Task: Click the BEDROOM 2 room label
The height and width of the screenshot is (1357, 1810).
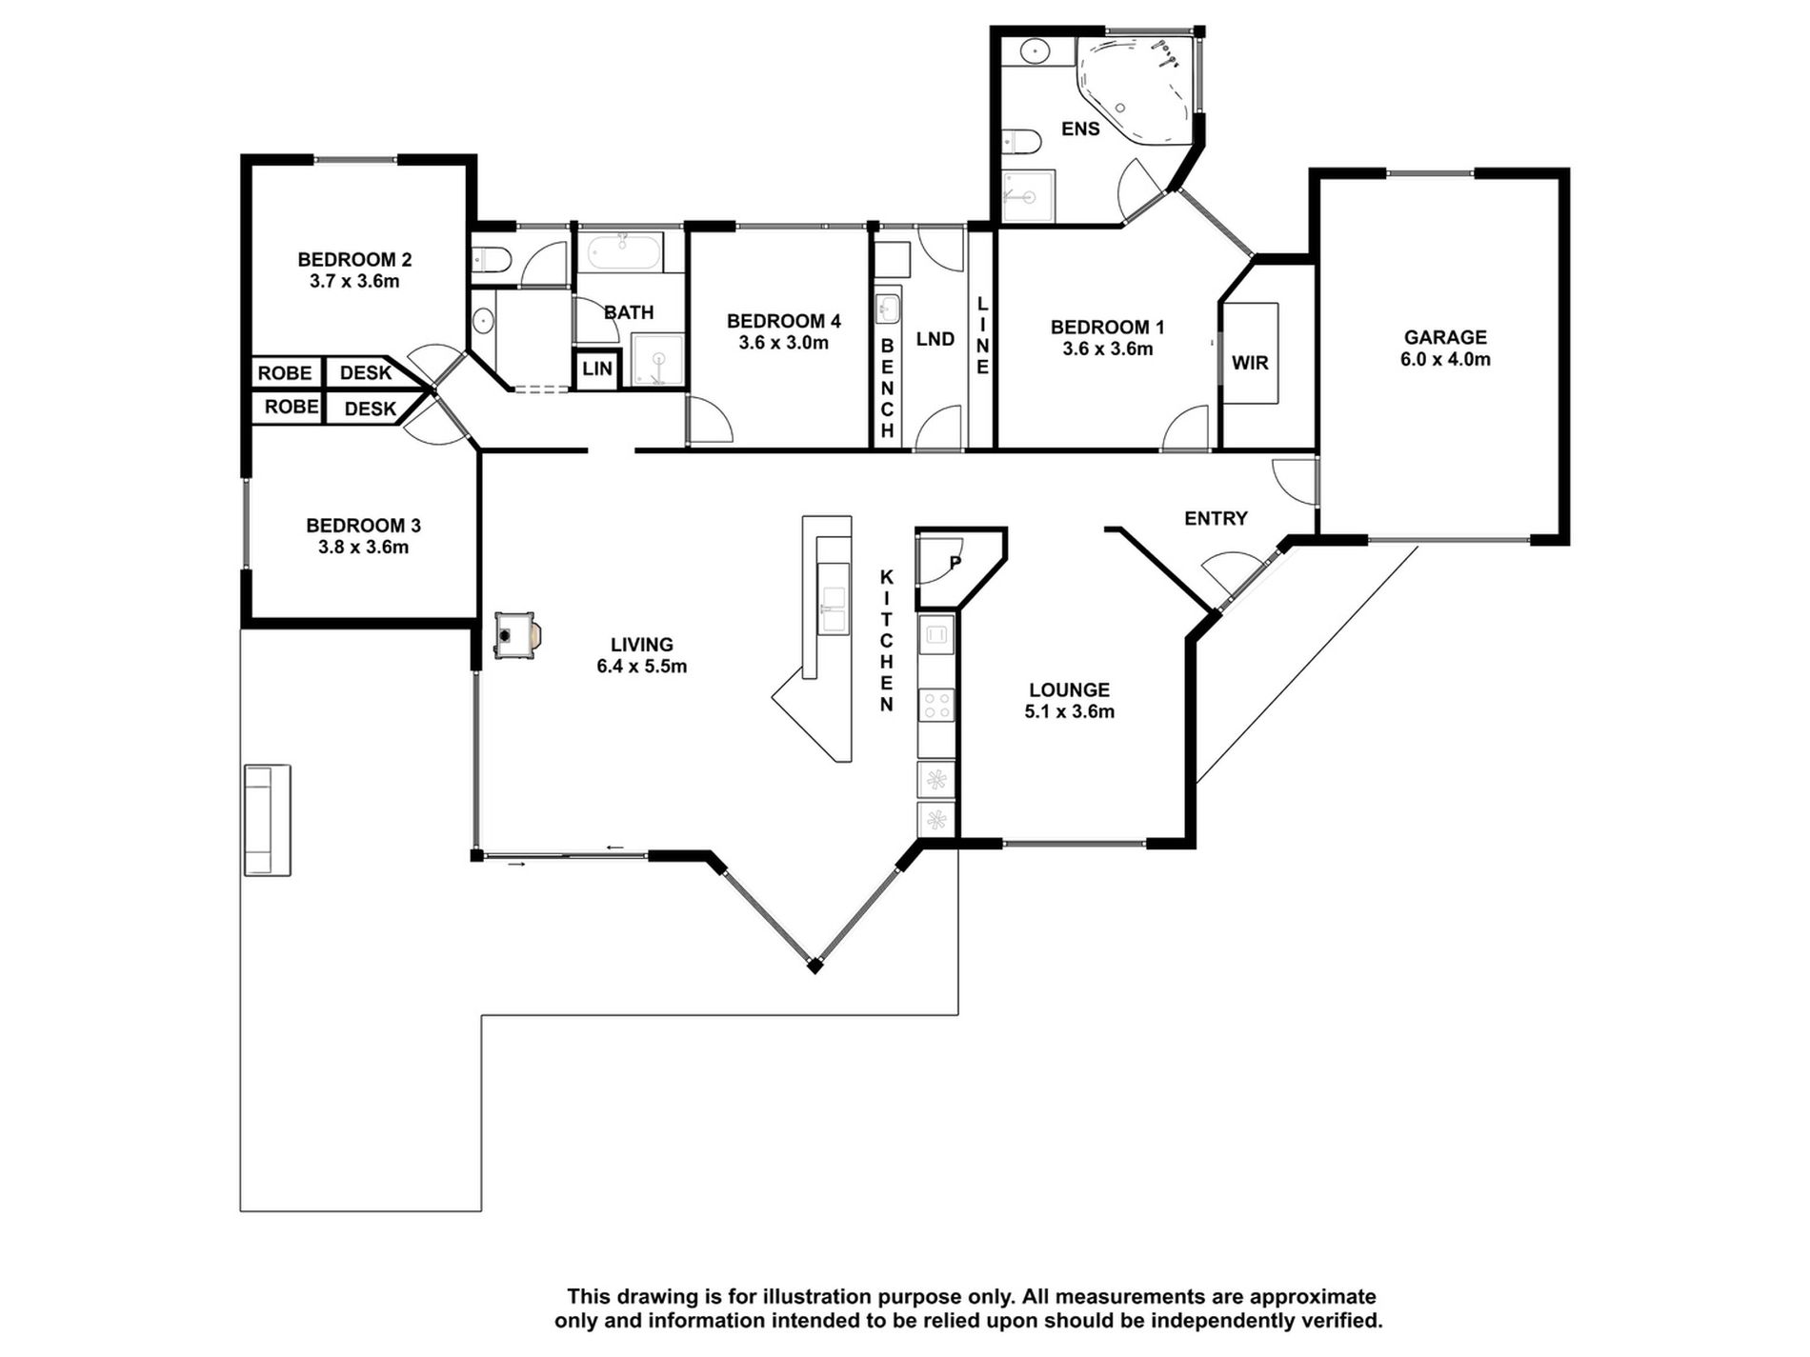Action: point(354,259)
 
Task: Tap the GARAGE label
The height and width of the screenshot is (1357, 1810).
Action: point(1445,337)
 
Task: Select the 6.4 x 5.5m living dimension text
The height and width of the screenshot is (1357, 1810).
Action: point(642,667)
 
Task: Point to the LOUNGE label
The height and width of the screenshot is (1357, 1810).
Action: point(1069,689)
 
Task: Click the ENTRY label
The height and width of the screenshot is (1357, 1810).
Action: point(1216,518)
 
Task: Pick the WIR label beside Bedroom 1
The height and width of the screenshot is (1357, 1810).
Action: point(1250,363)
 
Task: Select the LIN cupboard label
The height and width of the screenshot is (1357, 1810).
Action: point(597,369)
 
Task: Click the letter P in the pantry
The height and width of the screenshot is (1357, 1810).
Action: point(955,562)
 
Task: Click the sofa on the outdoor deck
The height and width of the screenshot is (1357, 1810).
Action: point(267,820)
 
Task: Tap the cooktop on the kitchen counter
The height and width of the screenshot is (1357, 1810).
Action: point(936,706)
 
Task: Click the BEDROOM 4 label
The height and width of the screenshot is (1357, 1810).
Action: point(783,321)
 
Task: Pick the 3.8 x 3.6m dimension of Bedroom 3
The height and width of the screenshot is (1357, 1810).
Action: point(363,548)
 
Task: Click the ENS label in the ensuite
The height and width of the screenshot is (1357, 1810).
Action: point(1080,129)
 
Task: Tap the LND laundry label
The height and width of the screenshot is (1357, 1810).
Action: point(935,339)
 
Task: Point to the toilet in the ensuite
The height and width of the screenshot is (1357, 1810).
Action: point(1019,142)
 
